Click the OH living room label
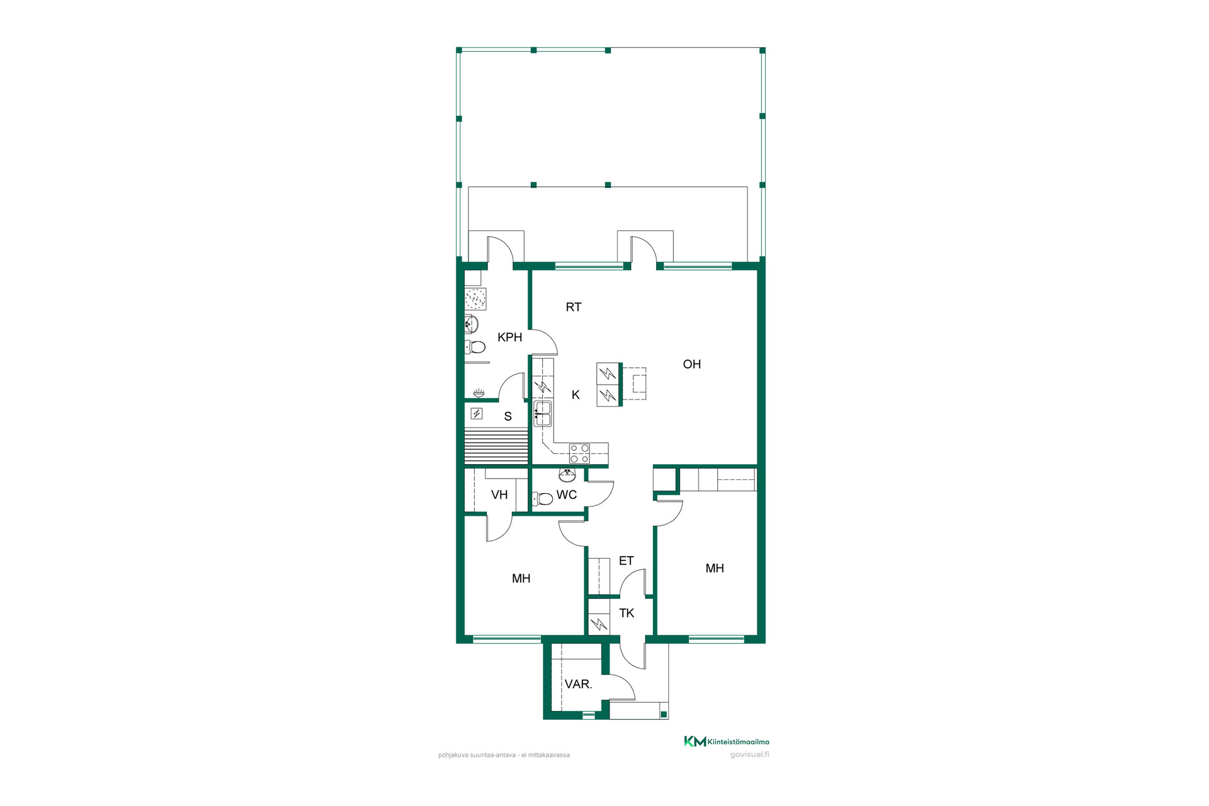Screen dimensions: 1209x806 [x=691, y=364]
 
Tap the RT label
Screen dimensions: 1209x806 [x=573, y=307]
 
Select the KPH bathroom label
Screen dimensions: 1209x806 [x=509, y=338]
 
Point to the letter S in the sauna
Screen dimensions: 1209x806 [x=508, y=416]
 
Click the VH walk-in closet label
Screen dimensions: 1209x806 [x=499, y=495]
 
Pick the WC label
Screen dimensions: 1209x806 [x=567, y=495]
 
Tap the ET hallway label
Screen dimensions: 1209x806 [x=626, y=560]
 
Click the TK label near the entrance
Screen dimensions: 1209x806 [x=627, y=613]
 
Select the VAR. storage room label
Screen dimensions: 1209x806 [x=578, y=684]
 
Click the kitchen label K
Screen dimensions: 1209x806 [x=576, y=395]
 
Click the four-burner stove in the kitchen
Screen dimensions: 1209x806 [x=579, y=453]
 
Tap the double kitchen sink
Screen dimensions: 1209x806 [x=542, y=414]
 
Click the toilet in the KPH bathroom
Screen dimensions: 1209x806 [x=475, y=347]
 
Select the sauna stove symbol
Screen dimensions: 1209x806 [x=477, y=414]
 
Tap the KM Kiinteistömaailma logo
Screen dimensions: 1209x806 [x=727, y=741]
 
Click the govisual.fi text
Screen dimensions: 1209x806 [x=749, y=754]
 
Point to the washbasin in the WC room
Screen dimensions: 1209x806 [x=567, y=475]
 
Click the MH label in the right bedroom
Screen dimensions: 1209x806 [x=715, y=569]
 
